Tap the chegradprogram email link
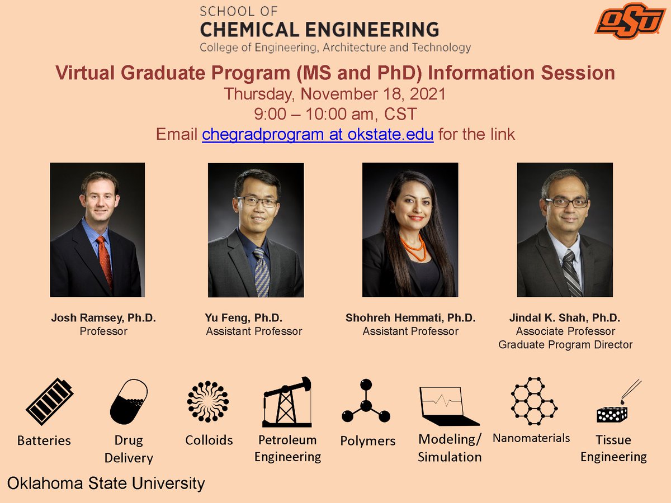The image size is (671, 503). tap(318, 135)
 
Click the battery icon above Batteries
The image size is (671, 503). tap(49, 402)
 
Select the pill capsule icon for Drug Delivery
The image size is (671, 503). tap(129, 401)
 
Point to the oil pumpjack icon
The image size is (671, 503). tap(287, 401)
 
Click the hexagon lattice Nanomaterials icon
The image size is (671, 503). tap(533, 400)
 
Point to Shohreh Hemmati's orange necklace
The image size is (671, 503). tap(413, 247)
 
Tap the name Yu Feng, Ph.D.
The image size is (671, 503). tap(244, 318)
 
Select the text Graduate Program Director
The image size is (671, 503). tap(565, 345)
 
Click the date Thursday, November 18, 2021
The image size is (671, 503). tap(335, 94)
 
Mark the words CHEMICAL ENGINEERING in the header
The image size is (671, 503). tap(319, 30)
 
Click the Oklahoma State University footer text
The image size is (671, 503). tap(106, 483)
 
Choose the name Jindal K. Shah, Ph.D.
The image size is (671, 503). tap(564, 318)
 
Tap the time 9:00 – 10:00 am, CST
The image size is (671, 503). tap(335, 115)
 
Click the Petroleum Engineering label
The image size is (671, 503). tap(287, 448)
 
